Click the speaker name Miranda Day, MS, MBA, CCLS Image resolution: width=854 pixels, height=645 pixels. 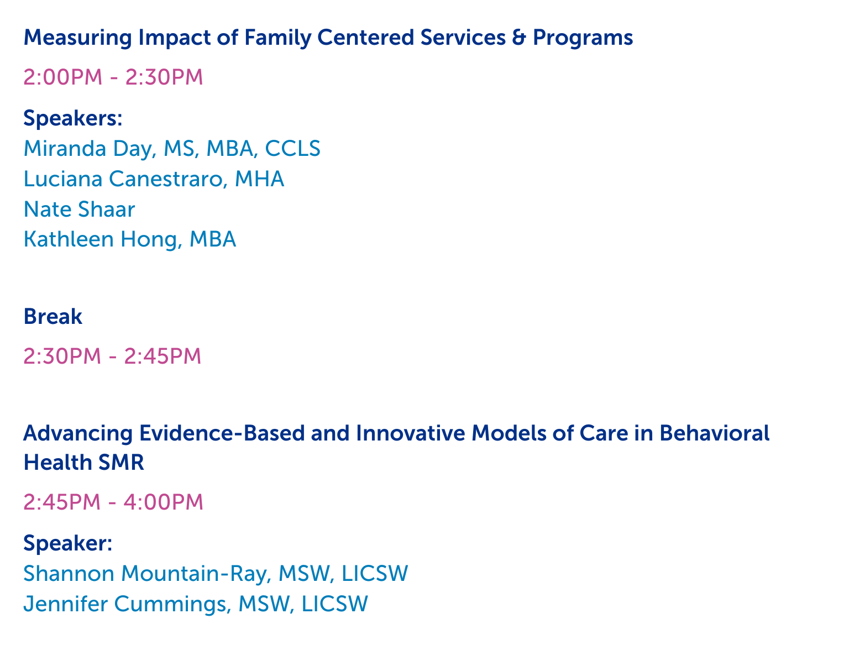[171, 149]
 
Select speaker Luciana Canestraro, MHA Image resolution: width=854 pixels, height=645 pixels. [154, 179]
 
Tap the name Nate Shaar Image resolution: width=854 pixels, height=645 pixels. [79, 209]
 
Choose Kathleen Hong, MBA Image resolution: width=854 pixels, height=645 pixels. [129, 239]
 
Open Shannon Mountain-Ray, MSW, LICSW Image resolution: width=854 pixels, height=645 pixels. [216, 573]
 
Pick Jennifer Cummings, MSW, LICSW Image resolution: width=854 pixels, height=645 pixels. [195, 604]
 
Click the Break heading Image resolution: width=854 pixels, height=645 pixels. [53, 316]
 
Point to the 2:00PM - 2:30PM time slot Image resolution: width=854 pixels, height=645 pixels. [113, 77]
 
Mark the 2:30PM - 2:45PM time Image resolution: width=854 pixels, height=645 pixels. [112, 356]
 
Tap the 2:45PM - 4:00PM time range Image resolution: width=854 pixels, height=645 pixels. [113, 502]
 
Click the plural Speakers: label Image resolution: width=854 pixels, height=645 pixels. [73, 118]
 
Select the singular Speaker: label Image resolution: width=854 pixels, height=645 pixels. [67, 543]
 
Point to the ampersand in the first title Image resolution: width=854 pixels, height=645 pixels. [519, 38]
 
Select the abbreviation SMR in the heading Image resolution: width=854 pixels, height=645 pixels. [121, 463]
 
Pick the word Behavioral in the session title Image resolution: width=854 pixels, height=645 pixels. [714, 433]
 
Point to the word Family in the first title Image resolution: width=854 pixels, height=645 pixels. [277, 38]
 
